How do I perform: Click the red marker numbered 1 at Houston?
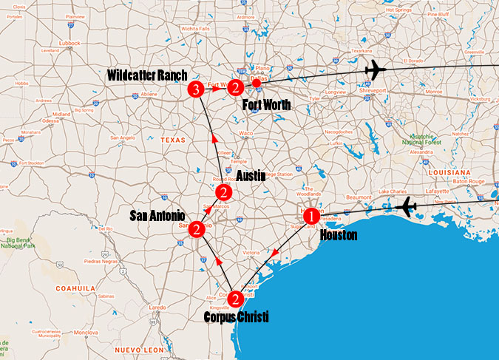[x=311, y=217]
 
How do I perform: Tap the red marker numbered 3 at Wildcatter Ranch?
[x=196, y=90]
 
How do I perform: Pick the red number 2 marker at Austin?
[x=225, y=194]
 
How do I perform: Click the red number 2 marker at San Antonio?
[x=197, y=229]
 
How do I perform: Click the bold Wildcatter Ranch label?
[x=146, y=75]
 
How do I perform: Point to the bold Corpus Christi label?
[x=236, y=316]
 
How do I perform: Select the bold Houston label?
[x=339, y=235]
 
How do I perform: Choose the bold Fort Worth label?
[x=266, y=105]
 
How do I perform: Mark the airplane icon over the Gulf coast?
[x=407, y=208]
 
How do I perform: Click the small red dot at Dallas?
[x=256, y=82]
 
